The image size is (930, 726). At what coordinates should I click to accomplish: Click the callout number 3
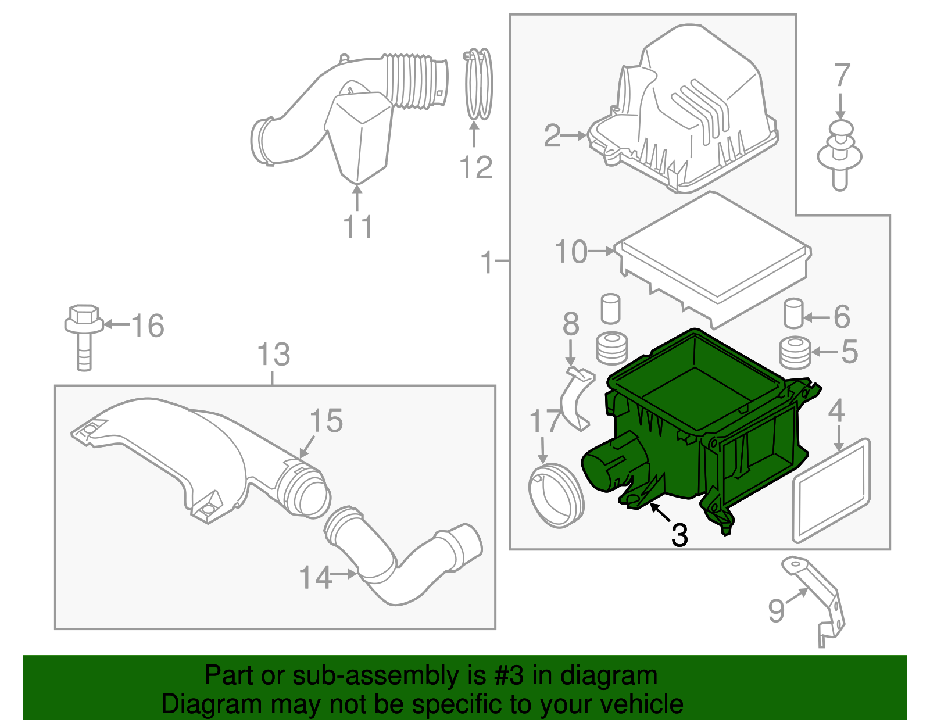679,535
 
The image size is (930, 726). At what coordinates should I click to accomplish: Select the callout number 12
475,169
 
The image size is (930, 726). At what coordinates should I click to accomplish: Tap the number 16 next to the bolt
148,326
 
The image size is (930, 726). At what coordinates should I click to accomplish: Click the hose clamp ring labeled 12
478,84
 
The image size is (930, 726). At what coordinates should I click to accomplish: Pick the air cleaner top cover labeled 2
686,116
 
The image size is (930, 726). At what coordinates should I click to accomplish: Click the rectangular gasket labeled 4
831,491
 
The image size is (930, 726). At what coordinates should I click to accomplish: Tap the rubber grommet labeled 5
795,352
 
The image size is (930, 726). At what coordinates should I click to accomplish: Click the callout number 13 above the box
273,355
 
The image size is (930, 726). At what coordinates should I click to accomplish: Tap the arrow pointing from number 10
602,251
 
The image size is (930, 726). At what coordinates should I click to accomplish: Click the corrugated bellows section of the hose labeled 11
413,81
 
